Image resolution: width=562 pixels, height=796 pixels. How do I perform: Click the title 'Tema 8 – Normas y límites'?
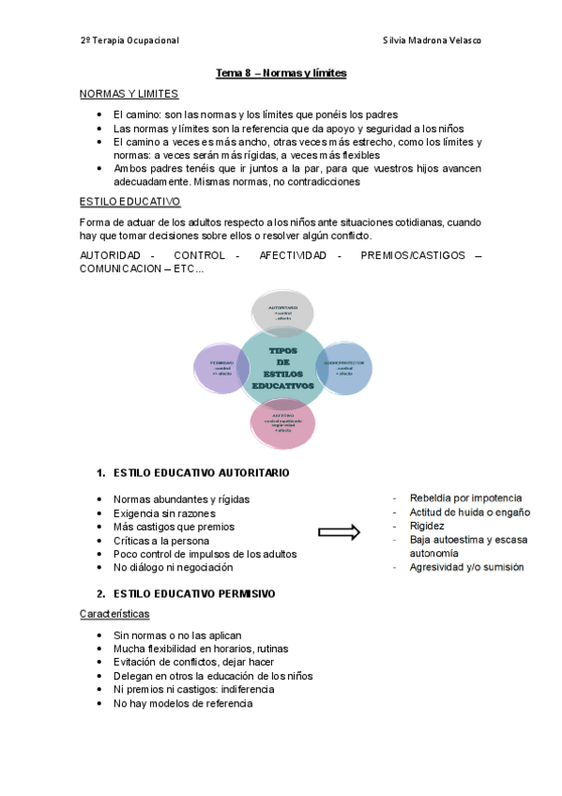click(x=281, y=72)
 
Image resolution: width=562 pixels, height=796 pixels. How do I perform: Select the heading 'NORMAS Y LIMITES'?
click(x=129, y=94)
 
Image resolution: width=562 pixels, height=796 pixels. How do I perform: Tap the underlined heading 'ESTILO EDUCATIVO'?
click(x=129, y=202)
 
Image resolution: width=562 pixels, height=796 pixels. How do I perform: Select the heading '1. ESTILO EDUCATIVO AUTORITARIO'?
click(x=192, y=472)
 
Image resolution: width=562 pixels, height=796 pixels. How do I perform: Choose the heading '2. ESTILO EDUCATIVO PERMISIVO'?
click(x=185, y=594)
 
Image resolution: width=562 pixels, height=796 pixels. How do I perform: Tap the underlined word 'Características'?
click(x=114, y=614)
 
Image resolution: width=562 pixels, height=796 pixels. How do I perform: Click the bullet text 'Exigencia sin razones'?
click(x=164, y=513)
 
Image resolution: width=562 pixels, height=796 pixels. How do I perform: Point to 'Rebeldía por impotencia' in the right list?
click(x=465, y=497)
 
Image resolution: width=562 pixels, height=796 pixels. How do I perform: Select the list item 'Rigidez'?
click(x=427, y=526)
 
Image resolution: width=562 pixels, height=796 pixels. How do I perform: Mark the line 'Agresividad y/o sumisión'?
click(x=466, y=567)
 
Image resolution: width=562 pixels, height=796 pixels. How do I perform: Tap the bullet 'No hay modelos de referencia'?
click(x=183, y=703)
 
